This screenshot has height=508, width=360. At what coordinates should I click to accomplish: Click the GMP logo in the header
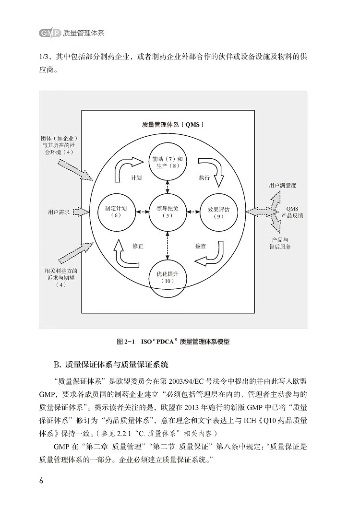coord(49,33)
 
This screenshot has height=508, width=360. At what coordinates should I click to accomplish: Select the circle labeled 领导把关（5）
coord(168,212)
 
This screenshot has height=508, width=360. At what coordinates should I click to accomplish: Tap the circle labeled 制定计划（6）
coord(116,212)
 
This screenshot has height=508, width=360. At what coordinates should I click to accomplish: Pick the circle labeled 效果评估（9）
coord(218,213)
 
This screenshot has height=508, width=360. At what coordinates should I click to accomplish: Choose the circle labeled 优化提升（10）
coord(168,279)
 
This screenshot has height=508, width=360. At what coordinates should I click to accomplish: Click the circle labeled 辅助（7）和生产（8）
coord(168,162)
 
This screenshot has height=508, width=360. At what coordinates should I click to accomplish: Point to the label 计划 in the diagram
coord(136,177)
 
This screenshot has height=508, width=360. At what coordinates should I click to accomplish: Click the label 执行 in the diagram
coord(204,177)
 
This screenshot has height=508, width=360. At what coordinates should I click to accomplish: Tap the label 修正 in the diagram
coord(138,246)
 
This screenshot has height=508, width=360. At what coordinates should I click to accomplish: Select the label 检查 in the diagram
coord(201,246)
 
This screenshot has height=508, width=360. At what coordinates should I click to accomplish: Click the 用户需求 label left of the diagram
coord(59,212)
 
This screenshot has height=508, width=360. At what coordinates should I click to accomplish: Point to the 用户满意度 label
coord(282,185)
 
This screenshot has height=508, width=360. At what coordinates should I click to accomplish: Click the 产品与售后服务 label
coord(280,243)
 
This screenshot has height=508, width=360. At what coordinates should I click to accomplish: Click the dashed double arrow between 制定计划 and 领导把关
coord(142,212)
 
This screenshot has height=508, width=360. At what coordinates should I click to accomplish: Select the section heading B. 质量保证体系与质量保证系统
coord(110,365)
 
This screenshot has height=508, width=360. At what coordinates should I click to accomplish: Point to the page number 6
coord(41,481)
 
